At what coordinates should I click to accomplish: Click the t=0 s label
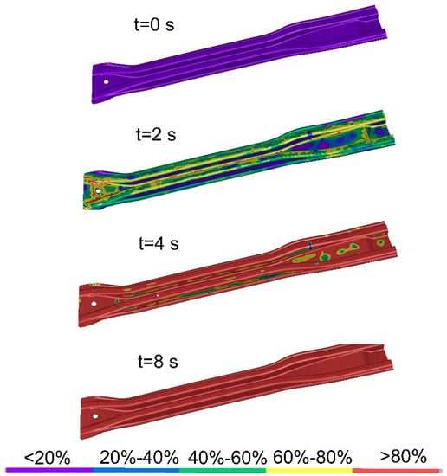(x=154, y=24)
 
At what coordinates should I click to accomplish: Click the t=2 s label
(x=156, y=134)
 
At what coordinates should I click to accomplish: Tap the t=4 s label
(x=159, y=243)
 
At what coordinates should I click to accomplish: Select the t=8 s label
(x=158, y=361)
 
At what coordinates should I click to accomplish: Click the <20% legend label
(x=47, y=457)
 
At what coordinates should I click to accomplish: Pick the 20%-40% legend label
(x=139, y=457)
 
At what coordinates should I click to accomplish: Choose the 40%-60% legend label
(x=227, y=457)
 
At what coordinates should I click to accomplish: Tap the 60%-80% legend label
(x=313, y=457)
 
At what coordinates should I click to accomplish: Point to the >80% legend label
(x=403, y=456)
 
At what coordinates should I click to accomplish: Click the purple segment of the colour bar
(x=49, y=470)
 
